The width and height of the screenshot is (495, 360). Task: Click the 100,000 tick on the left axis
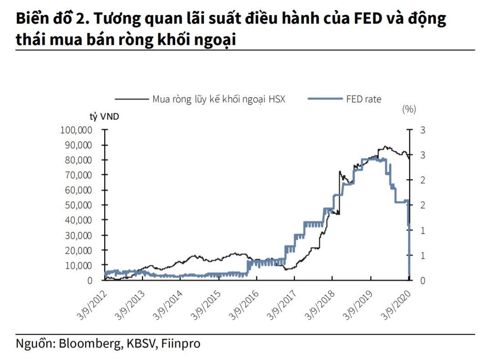[76, 130]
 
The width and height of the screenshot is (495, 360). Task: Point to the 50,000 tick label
[78, 205]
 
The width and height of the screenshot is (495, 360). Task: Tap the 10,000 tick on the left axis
[78, 265]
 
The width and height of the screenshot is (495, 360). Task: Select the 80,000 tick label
[78, 160]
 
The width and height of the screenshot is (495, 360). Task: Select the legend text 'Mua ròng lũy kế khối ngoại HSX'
[218, 99]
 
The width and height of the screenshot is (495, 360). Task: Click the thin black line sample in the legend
[131, 99]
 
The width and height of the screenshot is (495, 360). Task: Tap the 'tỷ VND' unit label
[104, 117]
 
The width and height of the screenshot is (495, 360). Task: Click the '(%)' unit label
[409, 109]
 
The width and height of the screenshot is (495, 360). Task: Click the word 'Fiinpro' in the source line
[181, 343]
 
